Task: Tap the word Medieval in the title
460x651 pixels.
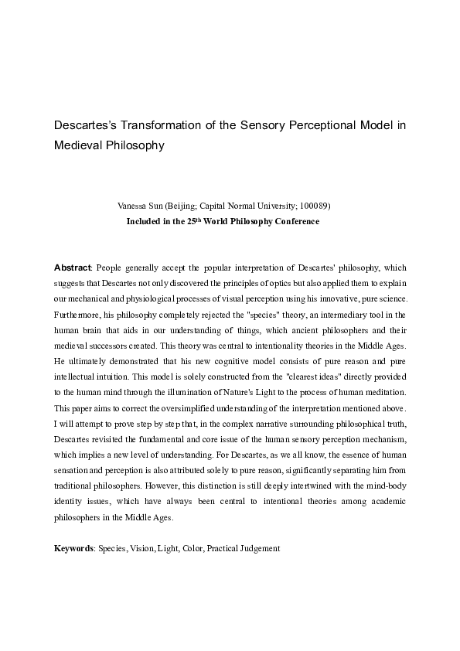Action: [80, 144]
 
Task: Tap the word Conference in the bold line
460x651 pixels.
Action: [297, 220]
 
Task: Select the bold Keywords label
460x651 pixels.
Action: [73, 547]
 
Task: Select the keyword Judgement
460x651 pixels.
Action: [259, 547]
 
